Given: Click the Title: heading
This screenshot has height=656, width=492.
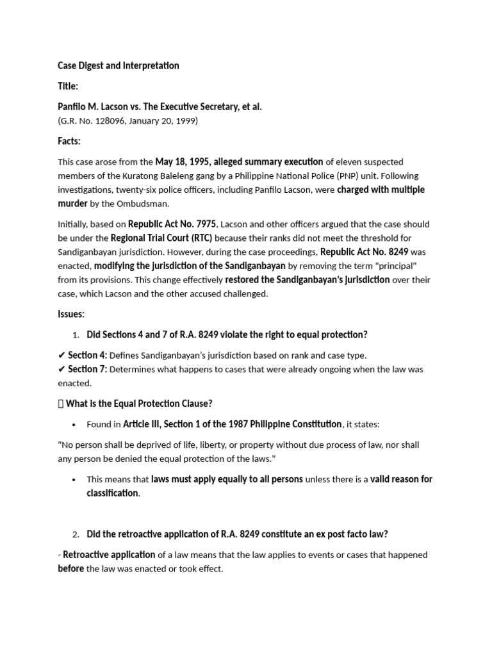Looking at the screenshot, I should tap(68, 86).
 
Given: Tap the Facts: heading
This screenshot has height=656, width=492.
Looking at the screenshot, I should tap(69, 141).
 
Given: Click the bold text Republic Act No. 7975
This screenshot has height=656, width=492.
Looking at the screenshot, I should tap(172, 224).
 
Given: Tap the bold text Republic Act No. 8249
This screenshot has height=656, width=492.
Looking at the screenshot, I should tap(364, 252).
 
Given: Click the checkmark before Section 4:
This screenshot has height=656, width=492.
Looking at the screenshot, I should tap(61, 355).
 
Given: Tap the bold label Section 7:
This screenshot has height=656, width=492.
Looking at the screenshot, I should tap(88, 369).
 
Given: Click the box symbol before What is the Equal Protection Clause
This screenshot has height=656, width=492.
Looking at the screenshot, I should tap(61, 404).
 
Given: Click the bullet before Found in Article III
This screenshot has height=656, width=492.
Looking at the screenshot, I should tap(75, 424).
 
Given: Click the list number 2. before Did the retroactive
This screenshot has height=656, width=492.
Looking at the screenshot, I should tap(76, 534).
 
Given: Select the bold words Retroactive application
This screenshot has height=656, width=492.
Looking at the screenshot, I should tap(109, 555).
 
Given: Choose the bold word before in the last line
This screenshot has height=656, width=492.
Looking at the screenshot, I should tap(71, 569).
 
